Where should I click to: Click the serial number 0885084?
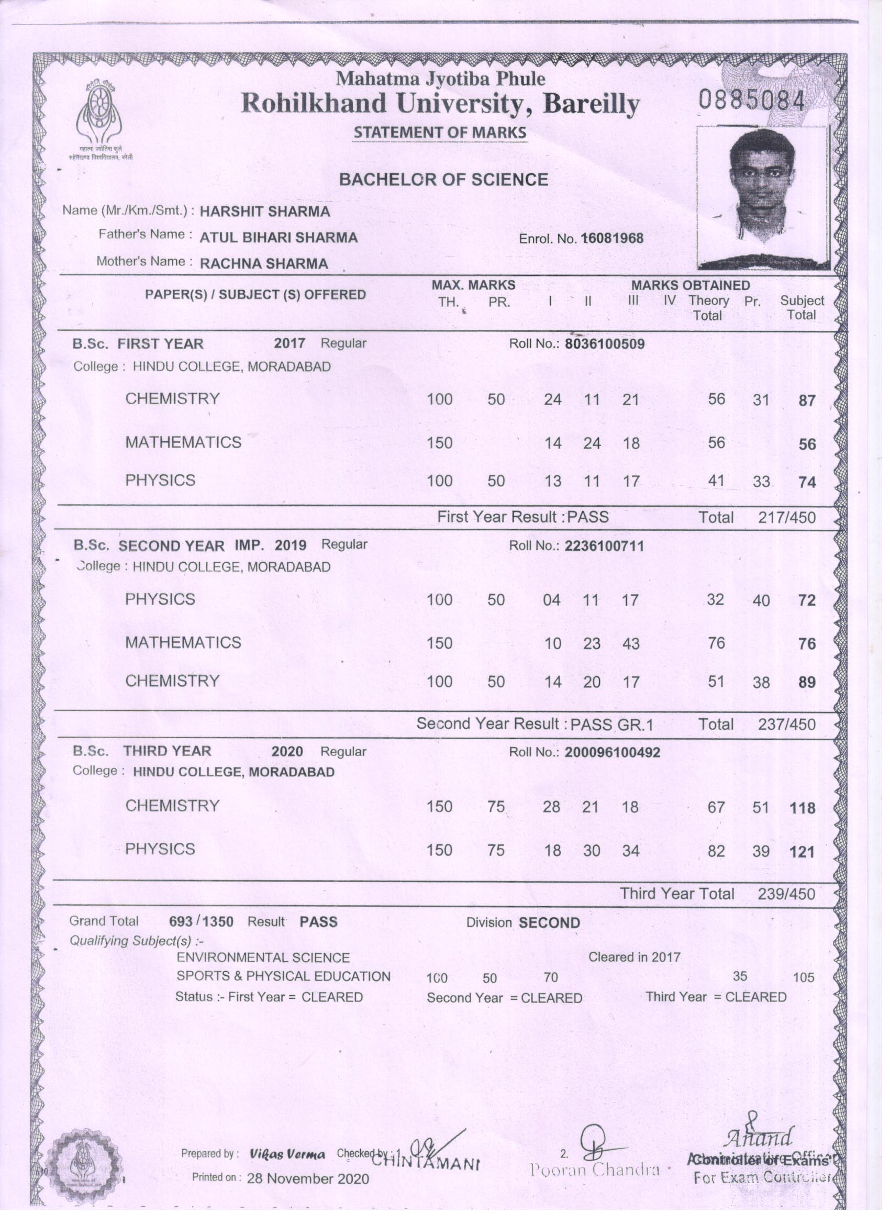[x=752, y=101]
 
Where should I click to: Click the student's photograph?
[x=762, y=197]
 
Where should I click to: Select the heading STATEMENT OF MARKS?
[x=440, y=132]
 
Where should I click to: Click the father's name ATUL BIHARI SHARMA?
[x=279, y=238]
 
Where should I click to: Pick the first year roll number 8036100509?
[x=605, y=344]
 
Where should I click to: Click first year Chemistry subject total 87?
[x=806, y=401]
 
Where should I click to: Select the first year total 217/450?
[x=786, y=518]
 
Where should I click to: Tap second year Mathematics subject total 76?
[x=806, y=644]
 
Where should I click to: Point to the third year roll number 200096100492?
[x=612, y=752]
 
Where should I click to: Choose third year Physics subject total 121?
[x=802, y=852]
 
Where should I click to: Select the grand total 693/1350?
[x=202, y=922]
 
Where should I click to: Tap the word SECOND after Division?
[x=549, y=923]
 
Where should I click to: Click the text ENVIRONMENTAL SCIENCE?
[x=263, y=958]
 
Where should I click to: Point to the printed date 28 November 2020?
[x=308, y=1178]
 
